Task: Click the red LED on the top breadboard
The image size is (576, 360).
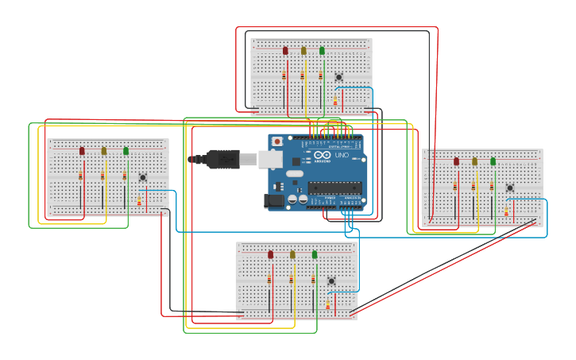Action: coord(285,51)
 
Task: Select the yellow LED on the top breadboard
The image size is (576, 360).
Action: coord(303,51)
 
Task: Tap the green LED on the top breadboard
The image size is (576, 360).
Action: coord(322,51)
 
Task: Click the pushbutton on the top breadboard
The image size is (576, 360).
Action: coord(339,77)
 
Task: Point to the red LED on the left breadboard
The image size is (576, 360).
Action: coord(82,151)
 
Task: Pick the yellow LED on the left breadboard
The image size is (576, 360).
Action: coord(103,151)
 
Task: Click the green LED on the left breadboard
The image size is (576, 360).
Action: coord(126,151)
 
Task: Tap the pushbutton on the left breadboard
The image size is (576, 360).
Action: coord(143,177)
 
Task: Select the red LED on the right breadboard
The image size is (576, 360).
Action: coord(456,161)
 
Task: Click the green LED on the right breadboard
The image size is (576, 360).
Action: coord(493,161)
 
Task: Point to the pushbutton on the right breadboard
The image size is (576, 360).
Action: coord(510,188)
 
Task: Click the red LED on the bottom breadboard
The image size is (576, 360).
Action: coord(270,255)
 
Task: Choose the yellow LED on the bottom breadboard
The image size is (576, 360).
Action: coord(292,255)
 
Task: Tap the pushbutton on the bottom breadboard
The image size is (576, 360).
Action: coord(331,281)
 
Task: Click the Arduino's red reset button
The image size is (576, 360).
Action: coord(276,141)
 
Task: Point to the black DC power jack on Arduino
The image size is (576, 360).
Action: coord(274,202)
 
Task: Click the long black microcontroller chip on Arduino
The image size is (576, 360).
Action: coord(334,188)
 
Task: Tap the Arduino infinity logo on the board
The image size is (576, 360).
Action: coord(320,155)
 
